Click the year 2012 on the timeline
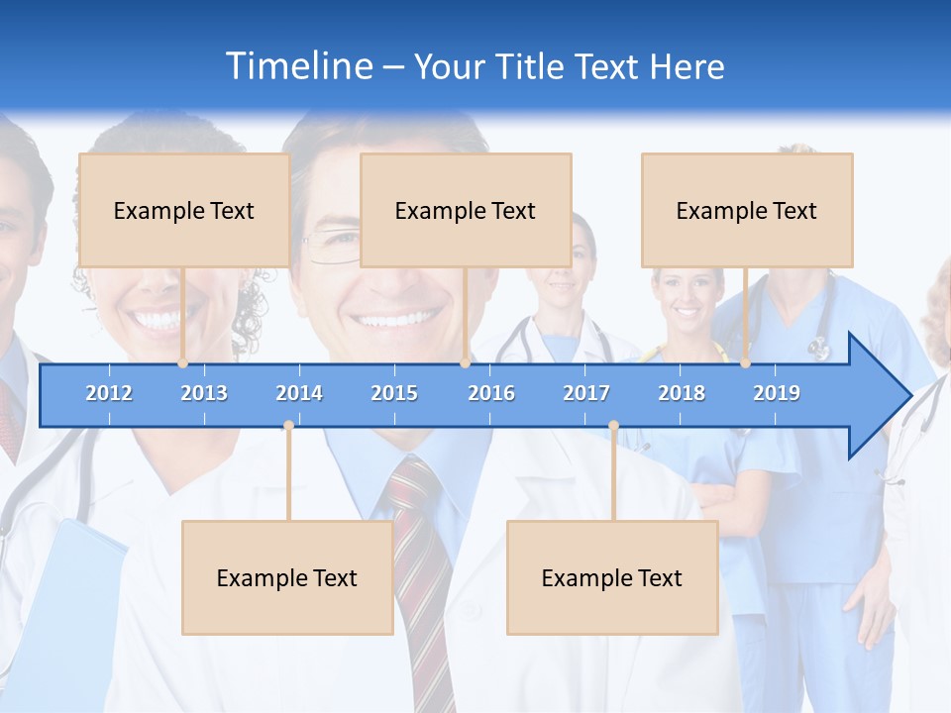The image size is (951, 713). [109, 393]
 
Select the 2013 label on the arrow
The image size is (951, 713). [204, 393]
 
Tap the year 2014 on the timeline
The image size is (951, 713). [299, 393]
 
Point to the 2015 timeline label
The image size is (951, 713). [394, 393]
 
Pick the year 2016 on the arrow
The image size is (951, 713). [491, 393]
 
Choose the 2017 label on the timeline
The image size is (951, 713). [586, 393]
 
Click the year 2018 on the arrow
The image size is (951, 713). [682, 393]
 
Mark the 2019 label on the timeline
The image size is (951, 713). [777, 393]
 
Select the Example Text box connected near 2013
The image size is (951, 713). [184, 210]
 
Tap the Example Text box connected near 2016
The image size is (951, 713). [466, 210]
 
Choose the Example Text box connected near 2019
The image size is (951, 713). [747, 210]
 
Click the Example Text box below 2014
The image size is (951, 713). [287, 577]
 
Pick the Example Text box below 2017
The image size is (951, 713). [612, 577]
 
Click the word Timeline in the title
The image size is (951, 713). [297, 66]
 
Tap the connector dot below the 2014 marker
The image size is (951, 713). [288, 426]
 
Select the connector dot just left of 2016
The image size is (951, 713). [465, 363]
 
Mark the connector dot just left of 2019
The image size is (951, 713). [745, 363]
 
